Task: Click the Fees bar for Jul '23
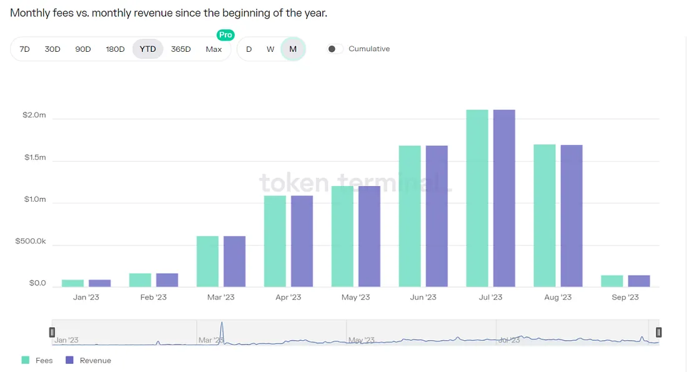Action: pos(477,198)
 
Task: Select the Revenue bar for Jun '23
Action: pos(437,216)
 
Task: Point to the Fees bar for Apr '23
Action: pos(275,241)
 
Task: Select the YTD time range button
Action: pos(148,49)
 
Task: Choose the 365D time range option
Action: pos(180,49)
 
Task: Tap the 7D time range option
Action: pos(25,49)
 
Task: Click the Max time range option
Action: pos(214,49)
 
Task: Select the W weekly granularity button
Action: pos(270,49)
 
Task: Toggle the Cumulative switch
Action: pos(335,49)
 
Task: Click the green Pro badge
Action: pos(225,35)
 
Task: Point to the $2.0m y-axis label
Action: pos(34,115)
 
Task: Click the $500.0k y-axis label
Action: pos(31,242)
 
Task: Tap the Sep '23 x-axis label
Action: pos(625,297)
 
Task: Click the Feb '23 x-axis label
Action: pos(153,297)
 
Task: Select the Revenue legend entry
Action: pos(88,360)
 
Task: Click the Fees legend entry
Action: pos(37,360)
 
